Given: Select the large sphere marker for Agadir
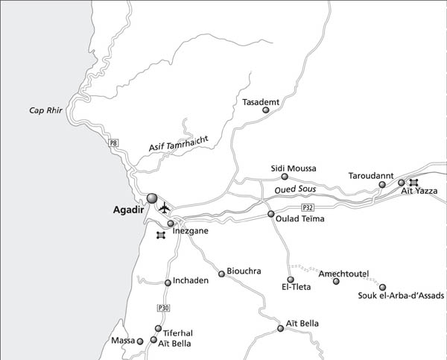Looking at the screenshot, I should point(152,198).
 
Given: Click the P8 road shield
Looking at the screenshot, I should point(113,142).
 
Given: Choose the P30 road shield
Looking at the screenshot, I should point(164,308).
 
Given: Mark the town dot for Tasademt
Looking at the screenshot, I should point(266,110).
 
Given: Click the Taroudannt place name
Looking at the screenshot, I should point(370,176).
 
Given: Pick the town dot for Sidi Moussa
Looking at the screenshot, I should point(285,177).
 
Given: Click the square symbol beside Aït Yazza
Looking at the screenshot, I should point(413,183).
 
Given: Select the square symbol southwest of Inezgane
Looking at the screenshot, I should point(160,236).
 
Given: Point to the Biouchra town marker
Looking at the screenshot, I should point(221,274).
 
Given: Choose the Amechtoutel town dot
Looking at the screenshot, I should point(336,281).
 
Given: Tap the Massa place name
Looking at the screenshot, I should point(121,341).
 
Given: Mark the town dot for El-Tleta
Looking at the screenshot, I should point(291,280).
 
